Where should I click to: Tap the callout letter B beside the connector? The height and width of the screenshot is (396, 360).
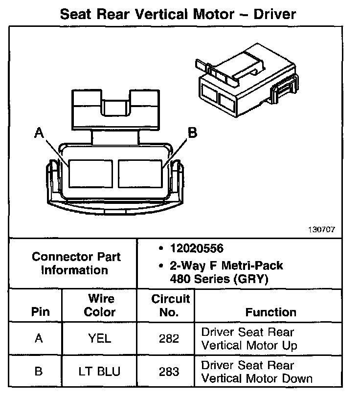coord(192,132)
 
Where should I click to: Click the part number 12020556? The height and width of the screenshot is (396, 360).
coord(196,248)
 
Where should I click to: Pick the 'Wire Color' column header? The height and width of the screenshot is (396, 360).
coord(100,305)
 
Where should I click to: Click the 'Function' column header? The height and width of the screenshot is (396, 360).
coord(270,312)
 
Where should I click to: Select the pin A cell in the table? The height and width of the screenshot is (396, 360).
coord(39,338)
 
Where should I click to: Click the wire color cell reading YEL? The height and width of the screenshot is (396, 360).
coord(100,338)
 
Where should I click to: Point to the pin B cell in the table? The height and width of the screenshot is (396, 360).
coord(39,372)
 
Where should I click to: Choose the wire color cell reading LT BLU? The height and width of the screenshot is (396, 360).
coord(100,372)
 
